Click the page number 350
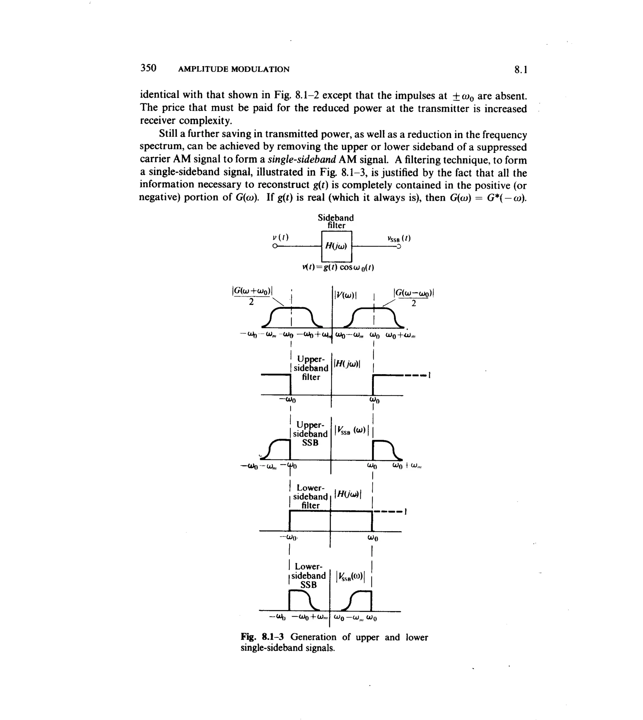point(149,68)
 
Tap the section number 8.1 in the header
point(521,70)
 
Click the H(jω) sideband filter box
point(337,246)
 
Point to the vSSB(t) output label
point(399,238)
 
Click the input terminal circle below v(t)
point(274,246)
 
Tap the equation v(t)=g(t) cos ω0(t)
point(338,267)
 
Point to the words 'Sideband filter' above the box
point(336,221)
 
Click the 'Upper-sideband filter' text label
point(311,368)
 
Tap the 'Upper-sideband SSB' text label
point(310,434)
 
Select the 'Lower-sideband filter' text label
point(310,497)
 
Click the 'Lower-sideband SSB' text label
point(308,576)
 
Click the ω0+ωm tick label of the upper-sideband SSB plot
point(407,466)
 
